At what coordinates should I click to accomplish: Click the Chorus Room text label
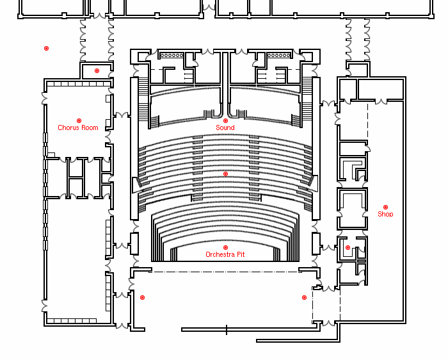78,128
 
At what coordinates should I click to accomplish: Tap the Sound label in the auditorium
225,128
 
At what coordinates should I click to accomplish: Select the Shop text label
385,215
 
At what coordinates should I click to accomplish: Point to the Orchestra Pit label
225,255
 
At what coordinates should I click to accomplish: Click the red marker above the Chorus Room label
79,120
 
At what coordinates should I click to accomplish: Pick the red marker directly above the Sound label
225,120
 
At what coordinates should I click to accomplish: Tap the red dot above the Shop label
385,207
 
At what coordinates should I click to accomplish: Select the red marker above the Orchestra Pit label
225,247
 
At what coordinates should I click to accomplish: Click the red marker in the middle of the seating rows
225,174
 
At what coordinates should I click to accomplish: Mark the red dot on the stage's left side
142,297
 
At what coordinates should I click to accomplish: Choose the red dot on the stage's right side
304,297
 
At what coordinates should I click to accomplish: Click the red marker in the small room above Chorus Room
97,70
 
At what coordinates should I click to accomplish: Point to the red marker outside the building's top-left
46,48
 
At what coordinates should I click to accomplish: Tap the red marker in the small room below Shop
348,247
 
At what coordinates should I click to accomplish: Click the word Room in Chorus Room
90,128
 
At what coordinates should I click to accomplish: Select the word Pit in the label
240,255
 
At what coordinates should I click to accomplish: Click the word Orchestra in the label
220,255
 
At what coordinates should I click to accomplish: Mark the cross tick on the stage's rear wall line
227,330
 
